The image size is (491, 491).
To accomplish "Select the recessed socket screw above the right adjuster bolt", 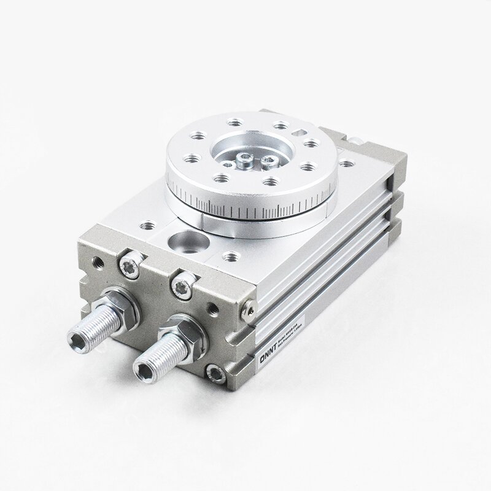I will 184,285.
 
